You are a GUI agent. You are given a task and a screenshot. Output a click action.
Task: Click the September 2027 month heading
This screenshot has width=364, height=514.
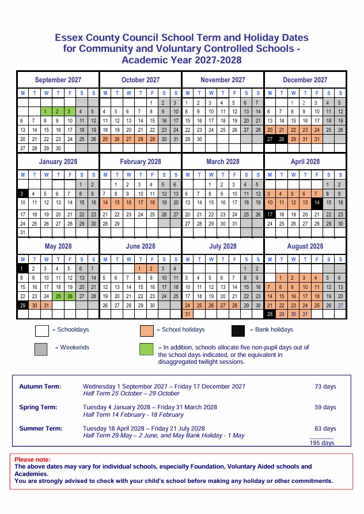coord(58,80)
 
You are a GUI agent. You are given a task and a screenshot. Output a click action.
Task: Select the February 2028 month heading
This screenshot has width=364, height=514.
coord(141,162)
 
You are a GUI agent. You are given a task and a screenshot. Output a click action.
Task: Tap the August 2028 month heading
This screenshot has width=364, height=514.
coord(305,246)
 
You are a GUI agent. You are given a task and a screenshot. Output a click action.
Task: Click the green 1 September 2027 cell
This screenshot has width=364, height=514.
coord(46,111)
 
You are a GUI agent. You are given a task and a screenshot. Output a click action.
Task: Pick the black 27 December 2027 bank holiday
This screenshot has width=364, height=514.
coord(270,139)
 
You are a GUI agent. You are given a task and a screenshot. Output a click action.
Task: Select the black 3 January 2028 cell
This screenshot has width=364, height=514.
coord(22,194)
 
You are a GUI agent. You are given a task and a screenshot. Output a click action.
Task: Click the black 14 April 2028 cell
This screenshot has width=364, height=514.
coord(317,203)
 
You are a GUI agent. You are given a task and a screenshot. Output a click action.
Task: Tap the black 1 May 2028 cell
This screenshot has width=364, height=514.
coord(22,268)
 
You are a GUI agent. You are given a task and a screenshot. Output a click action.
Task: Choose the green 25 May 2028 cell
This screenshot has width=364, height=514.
coord(58,296)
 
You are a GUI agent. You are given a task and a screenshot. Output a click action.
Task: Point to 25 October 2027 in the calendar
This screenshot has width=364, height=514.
coord(105,139)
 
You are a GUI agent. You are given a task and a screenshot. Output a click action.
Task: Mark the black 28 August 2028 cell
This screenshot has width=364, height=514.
coord(270,314)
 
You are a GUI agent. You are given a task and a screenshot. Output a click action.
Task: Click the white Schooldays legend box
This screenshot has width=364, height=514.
coord(41,330)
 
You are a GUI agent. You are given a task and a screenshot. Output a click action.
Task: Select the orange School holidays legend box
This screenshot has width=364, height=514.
coord(147,330)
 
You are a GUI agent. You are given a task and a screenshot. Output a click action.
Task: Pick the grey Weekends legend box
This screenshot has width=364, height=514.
coord(41,348)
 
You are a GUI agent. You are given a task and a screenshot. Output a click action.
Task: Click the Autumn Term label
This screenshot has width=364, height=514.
coord(40,386)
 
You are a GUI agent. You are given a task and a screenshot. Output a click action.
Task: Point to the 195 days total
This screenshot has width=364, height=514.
coord(322,443)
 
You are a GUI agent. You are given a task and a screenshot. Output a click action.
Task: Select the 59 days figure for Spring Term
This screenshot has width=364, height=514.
coord(325,408)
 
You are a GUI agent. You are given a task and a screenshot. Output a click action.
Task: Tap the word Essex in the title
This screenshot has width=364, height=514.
coord(68,37)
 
